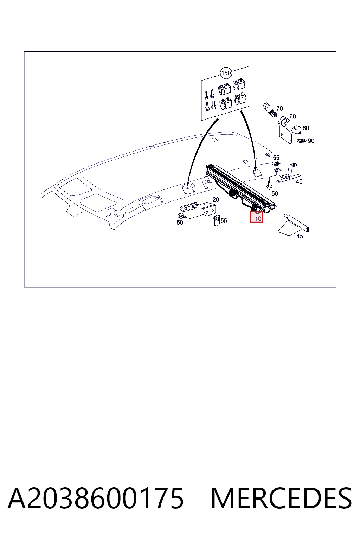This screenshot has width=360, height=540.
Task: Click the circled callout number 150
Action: [x=226, y=73]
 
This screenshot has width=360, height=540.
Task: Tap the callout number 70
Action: [x=279, y=109]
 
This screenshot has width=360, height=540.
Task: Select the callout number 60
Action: [x=292, y=116]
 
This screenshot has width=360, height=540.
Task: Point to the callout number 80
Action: [x=306, y=128]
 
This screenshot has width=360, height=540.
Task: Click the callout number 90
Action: [x=311, y=141]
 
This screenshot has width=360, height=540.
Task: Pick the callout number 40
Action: [x=299, y=182]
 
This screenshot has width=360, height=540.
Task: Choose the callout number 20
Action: [x=216, y=200]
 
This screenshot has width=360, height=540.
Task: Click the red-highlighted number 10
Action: [x=258, y=219]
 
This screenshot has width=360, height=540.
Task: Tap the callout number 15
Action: [x=300, y=236]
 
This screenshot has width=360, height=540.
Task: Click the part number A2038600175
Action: [x=96, y=498]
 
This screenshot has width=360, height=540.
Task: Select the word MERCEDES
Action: [x=281, y=498]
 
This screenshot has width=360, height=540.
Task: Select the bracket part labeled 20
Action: [x=198, y=210]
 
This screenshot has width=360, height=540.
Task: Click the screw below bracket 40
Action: [x=269, y=185]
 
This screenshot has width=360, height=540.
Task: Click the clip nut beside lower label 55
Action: [x=217, y=220]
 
